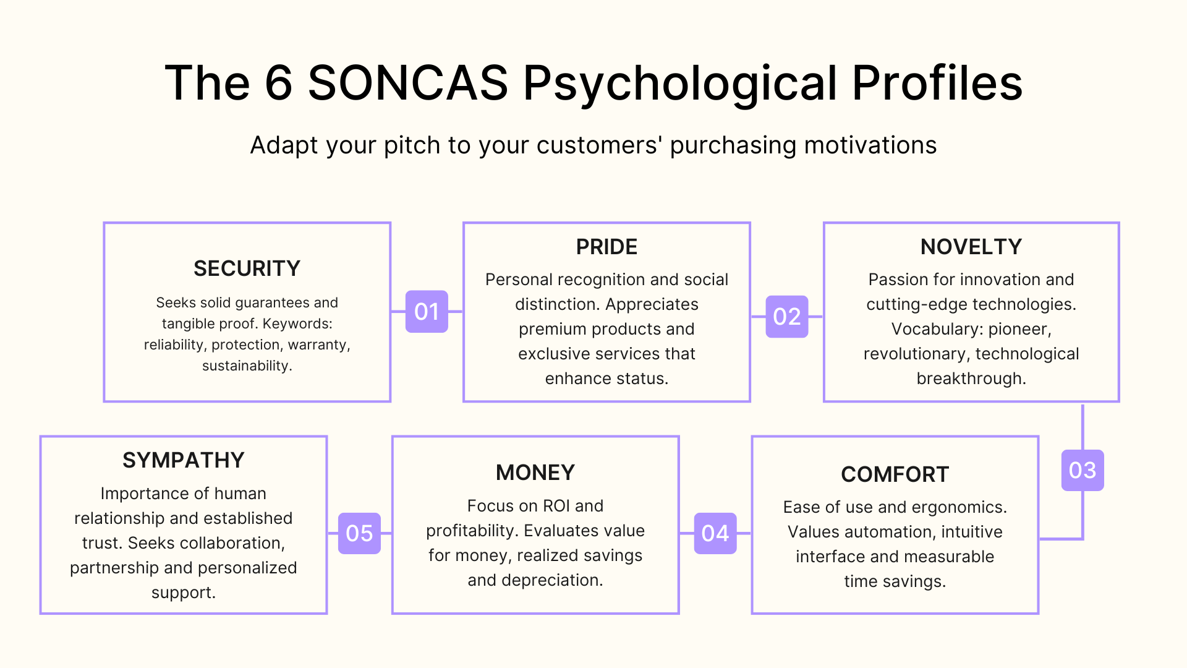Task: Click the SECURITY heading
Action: (247, 268)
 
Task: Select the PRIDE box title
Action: (606, 247)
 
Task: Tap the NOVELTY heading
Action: (971, 247)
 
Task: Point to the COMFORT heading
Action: (895, 474)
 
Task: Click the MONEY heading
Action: (535, 473)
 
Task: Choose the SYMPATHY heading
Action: (184, 460)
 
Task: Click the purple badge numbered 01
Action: (427, 312)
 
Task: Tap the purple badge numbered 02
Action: (786, 317)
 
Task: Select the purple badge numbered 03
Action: (1082, 471)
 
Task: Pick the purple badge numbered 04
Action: (715, 533)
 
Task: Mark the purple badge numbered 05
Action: (359, 533)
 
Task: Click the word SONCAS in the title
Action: (408, 83)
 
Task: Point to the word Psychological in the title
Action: (680, 84)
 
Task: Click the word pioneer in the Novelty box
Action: (1019, 329)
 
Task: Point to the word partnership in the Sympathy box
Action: (114, 568)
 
